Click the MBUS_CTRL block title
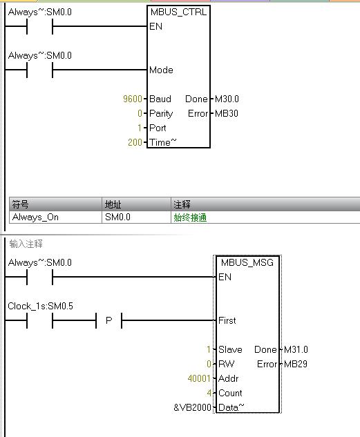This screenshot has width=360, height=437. click(x=178, y=12)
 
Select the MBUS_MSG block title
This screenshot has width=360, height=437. click(x=247, y=262)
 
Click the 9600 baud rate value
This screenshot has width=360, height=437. click(x=133, y=99)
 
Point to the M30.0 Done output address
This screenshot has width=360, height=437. click(x=227, y=99)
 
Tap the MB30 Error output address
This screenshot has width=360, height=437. click(x=227, y=113)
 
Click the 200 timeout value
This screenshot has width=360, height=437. click(x=135, y=142)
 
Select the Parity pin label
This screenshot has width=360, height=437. click(x=161, y=114)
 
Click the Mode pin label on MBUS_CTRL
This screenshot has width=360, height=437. click(x=161, y=70)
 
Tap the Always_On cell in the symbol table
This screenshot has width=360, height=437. click(x=35, y=217)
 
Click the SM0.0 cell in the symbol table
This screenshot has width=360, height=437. click(x=117, y=217)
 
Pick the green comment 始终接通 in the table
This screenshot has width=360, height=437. click(x=190, y=217)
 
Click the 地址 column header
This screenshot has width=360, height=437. click(x=113, y=204)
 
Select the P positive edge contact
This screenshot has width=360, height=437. click(x=109, y=320)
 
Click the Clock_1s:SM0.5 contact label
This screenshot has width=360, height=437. click(x=41, y=306)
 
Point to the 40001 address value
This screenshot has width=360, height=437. click(x=199, y=378)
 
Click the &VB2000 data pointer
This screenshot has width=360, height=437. click(x=192, y=407)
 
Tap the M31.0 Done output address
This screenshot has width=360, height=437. click(x=296, y=349)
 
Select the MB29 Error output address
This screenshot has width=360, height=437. click(x=296, y=364)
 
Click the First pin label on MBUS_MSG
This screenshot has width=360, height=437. click(x=227, y=320)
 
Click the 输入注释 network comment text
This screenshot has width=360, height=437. click(x=26, y=244)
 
